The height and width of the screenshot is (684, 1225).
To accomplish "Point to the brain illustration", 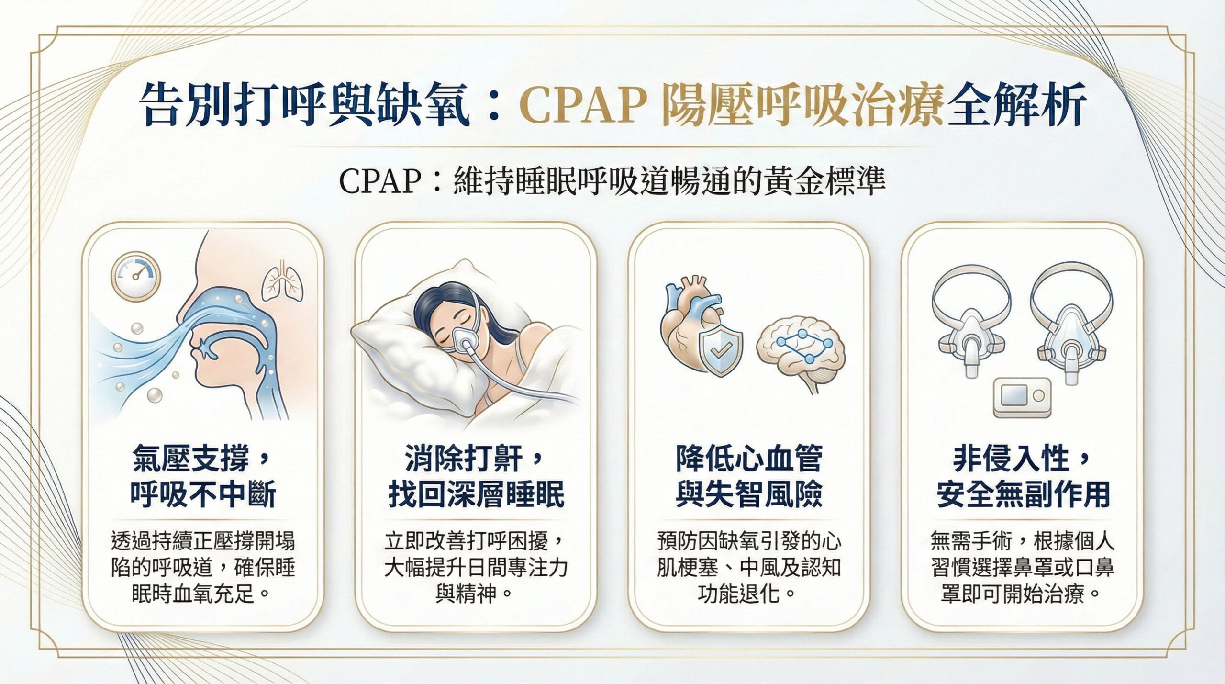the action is pos(801,351).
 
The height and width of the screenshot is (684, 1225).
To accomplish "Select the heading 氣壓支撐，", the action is pos(201,458).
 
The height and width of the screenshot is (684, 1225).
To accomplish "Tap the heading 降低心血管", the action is pos(749,458).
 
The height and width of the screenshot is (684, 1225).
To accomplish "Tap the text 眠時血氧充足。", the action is pos(201,594).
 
